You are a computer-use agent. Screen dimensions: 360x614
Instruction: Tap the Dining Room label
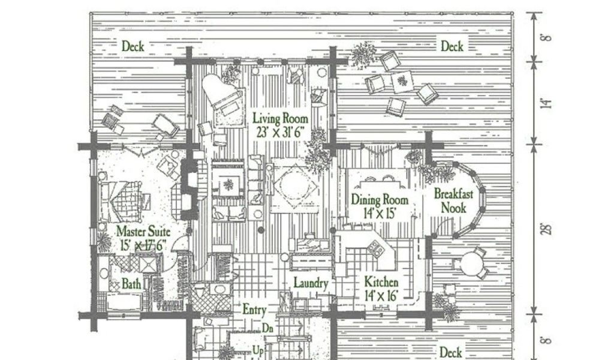click(x=380, y=200)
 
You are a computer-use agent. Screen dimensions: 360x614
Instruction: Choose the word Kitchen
click(x=381, y=281)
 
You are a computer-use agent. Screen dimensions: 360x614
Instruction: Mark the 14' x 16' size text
click(x=381, y=294)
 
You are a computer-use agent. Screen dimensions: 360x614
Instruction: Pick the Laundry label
click(x=310, y=283)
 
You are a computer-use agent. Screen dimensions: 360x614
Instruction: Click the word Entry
click(x=254, y=310)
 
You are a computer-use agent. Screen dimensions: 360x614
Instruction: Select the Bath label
click(x=132, y=283)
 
